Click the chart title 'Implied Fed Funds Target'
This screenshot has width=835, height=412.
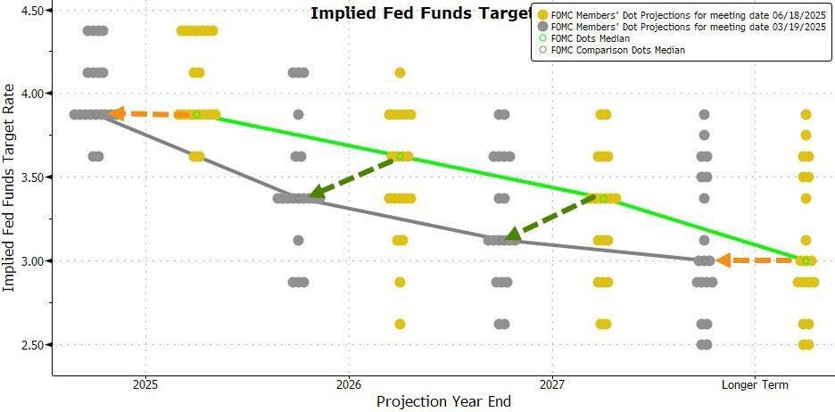(x=419, y=13)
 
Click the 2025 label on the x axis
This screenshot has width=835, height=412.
(x=145, y=385)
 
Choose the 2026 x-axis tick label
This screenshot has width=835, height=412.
(x=349, y=385)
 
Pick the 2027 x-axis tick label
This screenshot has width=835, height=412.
(x=552, y=385)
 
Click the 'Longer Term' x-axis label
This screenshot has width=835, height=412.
(x=755, y=385)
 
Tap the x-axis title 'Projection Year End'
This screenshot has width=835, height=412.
(x=443, y=402)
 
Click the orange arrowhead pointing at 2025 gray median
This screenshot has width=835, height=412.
(x=115, y=114)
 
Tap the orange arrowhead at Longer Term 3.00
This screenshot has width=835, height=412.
(x=723, y=260)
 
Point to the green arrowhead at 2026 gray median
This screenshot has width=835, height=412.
(x=316, y=192)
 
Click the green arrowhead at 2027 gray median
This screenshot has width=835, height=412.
(x=512, y=235)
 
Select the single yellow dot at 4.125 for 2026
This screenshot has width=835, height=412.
(x=400, y=72)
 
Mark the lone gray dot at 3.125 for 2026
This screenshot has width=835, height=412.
(x=298, y=240)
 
